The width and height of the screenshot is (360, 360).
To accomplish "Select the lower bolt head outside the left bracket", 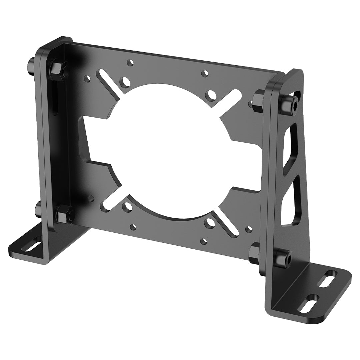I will (38, 210).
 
